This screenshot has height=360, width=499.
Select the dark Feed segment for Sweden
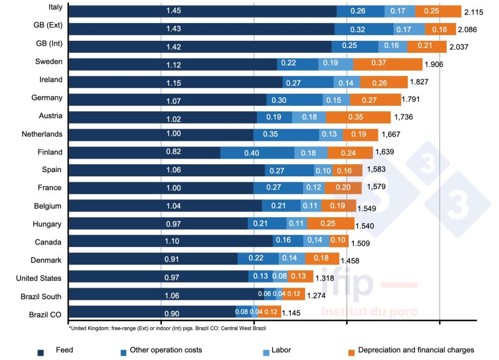[x=173, y=64]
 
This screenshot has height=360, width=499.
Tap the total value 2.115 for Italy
[x=474, y=12]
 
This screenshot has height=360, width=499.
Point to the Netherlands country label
[x=41, y=134]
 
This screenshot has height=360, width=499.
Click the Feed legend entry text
[x=64, y=350]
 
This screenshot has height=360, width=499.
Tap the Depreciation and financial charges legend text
[x=416, y=350]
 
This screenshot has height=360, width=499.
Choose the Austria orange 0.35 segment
[x=358, y=117]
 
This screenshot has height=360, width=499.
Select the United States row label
[x=38, y=279]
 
